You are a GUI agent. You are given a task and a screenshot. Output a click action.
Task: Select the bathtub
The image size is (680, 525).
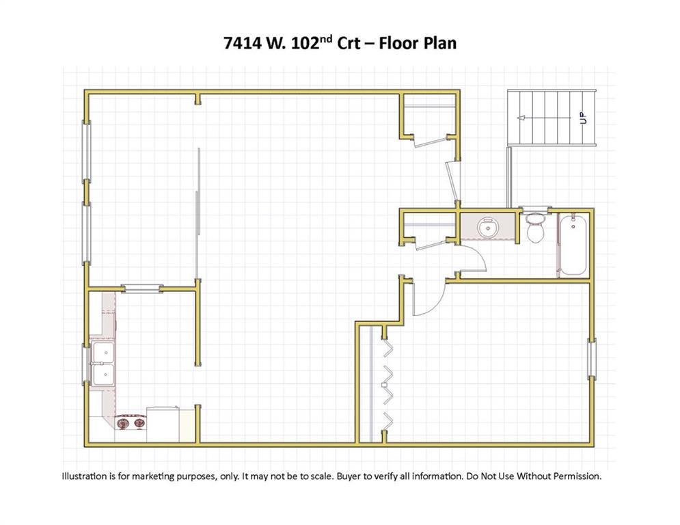573,245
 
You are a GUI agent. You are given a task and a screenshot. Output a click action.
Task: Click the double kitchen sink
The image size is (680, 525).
103,364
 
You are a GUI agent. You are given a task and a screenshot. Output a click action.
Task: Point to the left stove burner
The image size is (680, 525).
124,422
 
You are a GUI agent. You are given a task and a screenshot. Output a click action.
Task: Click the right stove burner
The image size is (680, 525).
139,422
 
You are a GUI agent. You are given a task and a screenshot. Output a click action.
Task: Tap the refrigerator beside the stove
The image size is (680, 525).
163,425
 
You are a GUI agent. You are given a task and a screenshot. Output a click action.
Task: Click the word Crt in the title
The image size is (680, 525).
349,43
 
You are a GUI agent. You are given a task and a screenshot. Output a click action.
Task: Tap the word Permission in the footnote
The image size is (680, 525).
579,476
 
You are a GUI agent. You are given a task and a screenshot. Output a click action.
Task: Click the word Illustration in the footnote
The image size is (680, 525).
85,476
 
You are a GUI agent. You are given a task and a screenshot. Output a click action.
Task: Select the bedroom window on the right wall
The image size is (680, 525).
592,358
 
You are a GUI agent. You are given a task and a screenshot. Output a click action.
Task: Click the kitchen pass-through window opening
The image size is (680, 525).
141,288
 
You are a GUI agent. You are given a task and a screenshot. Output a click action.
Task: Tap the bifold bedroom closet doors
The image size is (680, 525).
387,384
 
